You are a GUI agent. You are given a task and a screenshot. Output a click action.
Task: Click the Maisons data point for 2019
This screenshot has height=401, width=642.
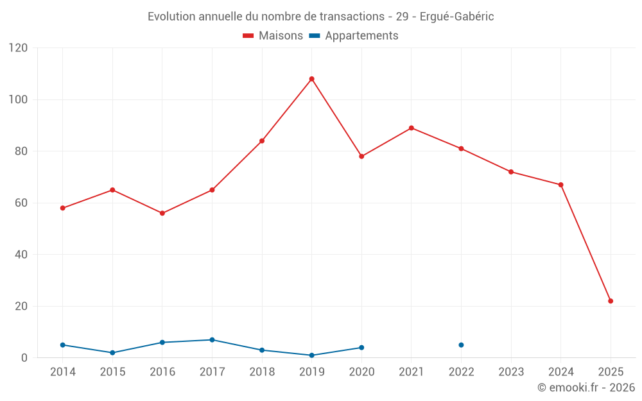coord(311,79)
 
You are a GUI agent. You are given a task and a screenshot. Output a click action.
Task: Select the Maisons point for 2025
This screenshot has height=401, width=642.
coord(611,301)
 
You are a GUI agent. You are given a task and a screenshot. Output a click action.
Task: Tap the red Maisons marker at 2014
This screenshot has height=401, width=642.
coord(62,208)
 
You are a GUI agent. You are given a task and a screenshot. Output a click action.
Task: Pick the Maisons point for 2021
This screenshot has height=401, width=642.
coord(412,128)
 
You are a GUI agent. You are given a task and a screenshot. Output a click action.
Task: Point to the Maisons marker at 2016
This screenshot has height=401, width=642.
coord(162,213)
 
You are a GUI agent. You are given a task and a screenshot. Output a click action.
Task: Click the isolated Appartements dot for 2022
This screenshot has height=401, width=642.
coord(461,345)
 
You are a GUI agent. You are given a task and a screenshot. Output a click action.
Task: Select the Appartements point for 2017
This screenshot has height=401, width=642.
coord(212,340)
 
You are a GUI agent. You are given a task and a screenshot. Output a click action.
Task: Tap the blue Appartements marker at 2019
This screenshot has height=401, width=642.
coord(311,355)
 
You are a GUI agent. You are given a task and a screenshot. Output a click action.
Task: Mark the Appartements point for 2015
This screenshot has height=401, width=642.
coord(112,353)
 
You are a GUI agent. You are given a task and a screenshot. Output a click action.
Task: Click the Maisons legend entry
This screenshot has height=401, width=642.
coord(273,36)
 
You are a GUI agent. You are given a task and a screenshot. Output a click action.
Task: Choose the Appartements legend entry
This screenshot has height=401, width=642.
coord(354,36)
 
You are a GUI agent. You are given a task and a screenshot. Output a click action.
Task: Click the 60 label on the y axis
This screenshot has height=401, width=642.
coord(22,203)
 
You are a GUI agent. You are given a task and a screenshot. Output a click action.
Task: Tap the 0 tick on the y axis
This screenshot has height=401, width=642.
coord(25,358)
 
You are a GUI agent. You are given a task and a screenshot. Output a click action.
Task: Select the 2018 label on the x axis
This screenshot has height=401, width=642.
coord(262,372)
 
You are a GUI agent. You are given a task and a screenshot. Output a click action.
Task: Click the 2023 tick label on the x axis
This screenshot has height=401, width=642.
coord(511,372)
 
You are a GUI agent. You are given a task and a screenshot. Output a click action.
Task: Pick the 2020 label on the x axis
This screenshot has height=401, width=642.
coord(361,372)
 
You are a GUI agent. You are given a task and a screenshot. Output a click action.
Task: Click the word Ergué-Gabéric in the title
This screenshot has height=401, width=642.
coord(456,17)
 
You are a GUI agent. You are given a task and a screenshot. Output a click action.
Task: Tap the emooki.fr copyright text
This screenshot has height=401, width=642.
coord(586,388)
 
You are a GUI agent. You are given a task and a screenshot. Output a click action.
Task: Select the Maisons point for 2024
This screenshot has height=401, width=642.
coord(560,185)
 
